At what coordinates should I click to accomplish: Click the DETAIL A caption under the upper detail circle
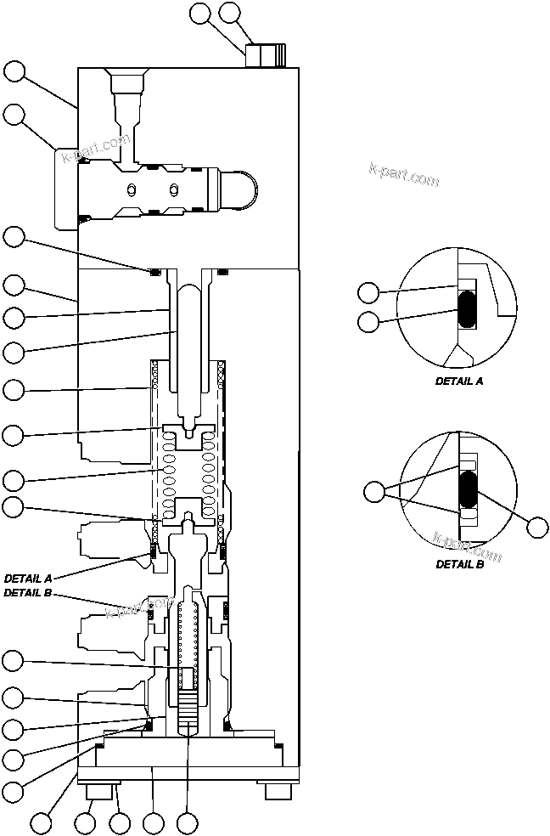point(459,381)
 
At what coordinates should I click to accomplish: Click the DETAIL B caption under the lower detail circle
point(459,563)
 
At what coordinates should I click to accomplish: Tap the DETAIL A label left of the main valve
point(28,578)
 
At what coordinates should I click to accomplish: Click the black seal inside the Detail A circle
point(467,309)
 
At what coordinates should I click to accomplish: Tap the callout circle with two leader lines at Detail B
point(373,491)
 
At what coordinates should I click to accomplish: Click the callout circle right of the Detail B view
point(536,527)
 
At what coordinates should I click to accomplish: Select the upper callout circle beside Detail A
point(368,293)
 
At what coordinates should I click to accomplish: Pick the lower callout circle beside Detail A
point(368,321)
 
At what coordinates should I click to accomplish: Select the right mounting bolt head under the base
point(278,791)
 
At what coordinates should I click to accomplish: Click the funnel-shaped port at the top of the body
point(128,84)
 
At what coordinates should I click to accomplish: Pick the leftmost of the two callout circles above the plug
point(200,13)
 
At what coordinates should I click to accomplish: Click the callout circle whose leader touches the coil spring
point(13,479)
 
